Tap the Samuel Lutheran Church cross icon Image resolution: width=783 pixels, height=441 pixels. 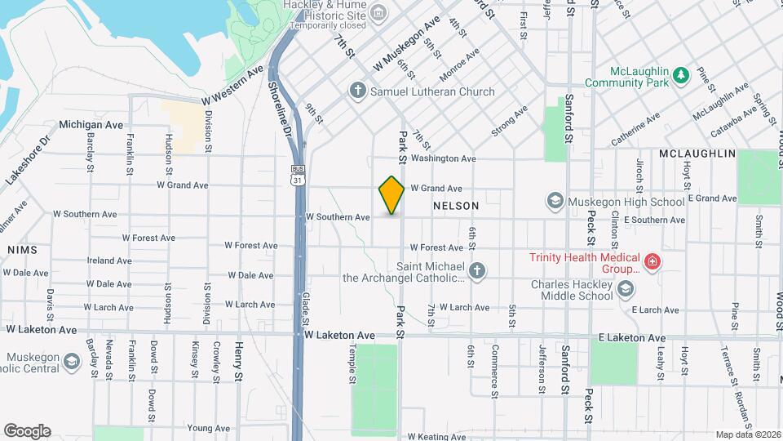point(356,91)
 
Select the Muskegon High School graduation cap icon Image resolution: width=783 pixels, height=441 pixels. point(555,201)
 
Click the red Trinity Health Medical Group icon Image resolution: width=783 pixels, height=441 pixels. point(651,262)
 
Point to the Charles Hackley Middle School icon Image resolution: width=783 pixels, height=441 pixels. point(625,289)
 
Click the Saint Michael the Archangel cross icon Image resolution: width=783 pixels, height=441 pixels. point(477,270)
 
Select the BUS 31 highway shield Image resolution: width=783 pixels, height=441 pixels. point(298,175)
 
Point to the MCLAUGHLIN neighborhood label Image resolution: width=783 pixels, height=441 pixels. point(697,154)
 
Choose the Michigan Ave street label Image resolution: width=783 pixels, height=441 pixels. point(91,125)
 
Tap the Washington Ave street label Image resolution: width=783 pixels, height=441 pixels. point(443,158)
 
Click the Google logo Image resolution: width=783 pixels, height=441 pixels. point(27,431)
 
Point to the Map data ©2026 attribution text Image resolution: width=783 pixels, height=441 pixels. point(747,434)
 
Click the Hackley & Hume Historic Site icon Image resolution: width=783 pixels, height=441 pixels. point(378,13)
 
